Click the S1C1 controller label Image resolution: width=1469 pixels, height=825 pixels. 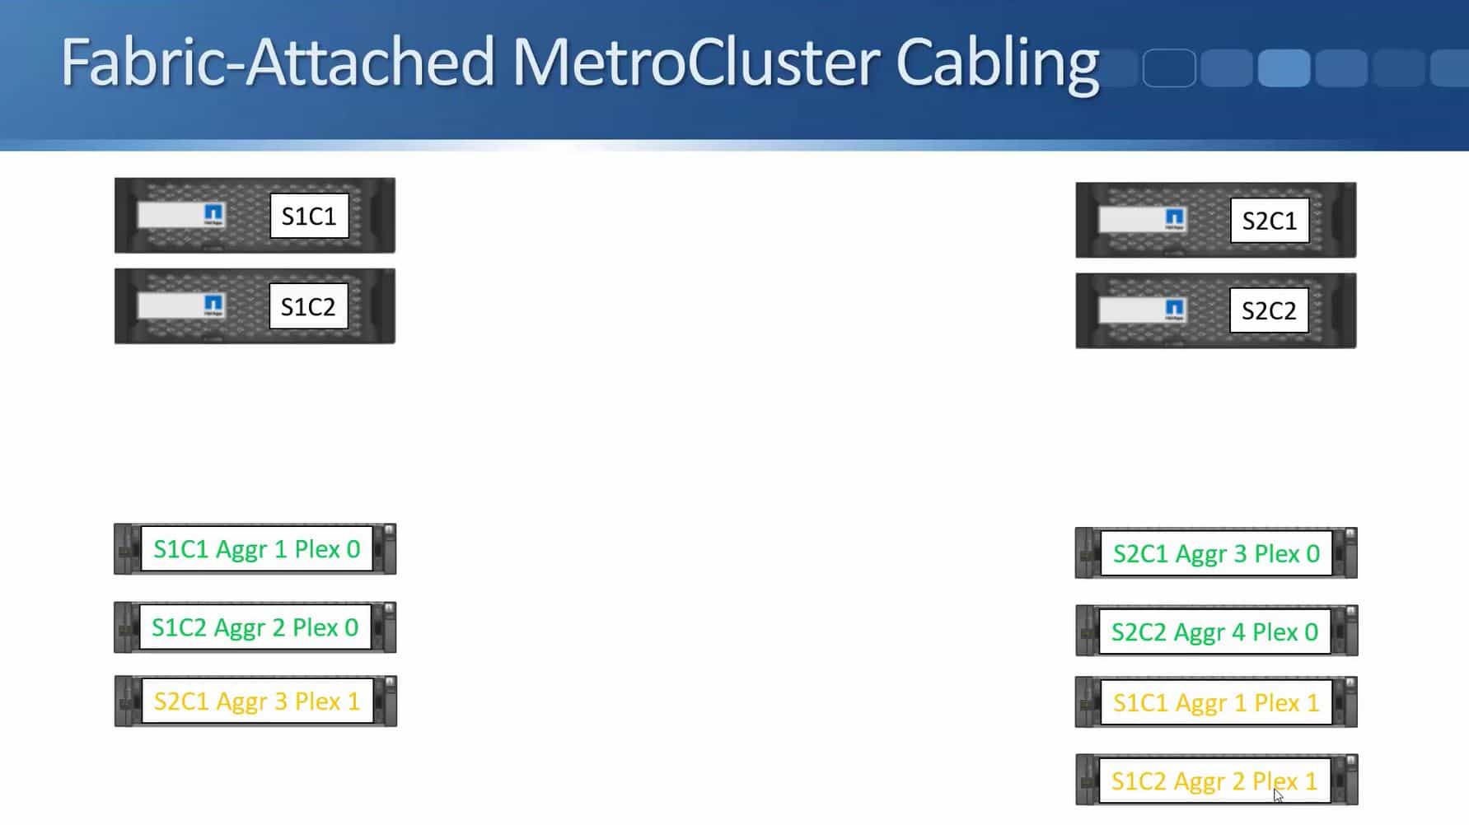tap(309, 216)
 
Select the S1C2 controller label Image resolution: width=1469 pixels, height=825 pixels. tap(308, 306)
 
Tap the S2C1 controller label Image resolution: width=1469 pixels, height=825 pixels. tap(1269, 221)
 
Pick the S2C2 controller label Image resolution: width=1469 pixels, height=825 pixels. tap(1269, 310)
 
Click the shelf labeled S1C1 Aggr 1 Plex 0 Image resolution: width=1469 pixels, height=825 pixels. tap(256, 549)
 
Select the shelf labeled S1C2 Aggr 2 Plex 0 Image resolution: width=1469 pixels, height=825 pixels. tap(255, 627)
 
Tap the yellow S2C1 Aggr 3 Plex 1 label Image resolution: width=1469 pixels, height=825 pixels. tap(256, 701)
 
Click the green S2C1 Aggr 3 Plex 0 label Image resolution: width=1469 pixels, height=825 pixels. tap(1215, 553)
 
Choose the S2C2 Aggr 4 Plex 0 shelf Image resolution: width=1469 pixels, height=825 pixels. tap(1214, 632)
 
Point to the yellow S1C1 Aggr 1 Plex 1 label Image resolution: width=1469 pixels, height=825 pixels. tap(1215, 702)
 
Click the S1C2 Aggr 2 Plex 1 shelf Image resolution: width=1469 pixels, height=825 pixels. tap(1214, 781)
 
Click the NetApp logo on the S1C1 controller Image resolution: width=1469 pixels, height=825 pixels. tap(213, 214)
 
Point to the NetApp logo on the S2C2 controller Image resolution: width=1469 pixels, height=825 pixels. tap(1174, 310)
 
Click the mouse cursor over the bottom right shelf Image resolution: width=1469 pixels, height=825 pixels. tap(1278, 795)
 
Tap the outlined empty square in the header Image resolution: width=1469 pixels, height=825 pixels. tap(1169, 68)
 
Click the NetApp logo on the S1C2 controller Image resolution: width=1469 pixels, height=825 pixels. tap(213, 305)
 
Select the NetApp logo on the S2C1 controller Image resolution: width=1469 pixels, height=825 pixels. tap(1174, 219)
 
